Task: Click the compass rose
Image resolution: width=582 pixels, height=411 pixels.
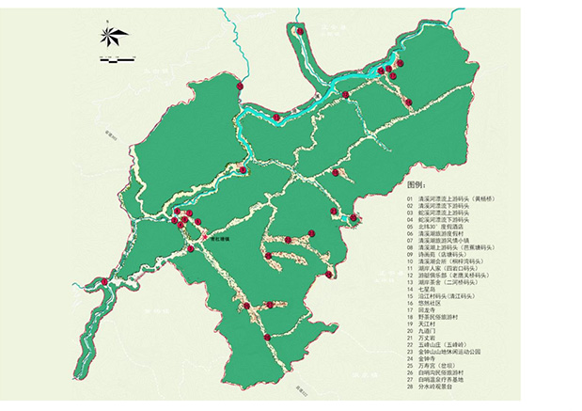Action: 112,39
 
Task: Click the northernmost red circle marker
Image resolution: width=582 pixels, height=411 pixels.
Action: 301,31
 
